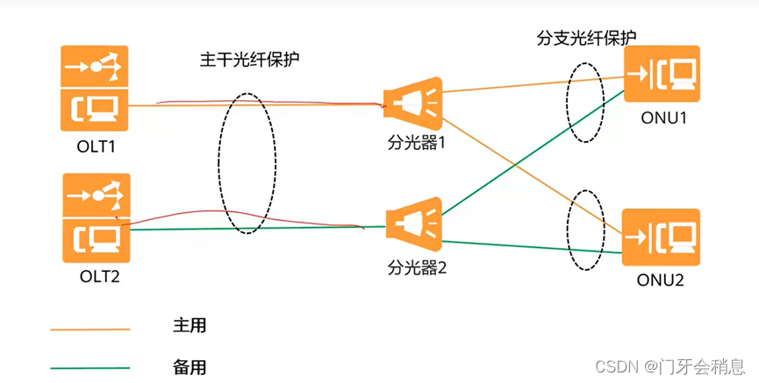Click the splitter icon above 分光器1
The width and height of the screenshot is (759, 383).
pos(413,103)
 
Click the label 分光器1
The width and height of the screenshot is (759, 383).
pos(418,140)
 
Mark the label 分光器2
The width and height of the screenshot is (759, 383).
pos(418,267)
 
